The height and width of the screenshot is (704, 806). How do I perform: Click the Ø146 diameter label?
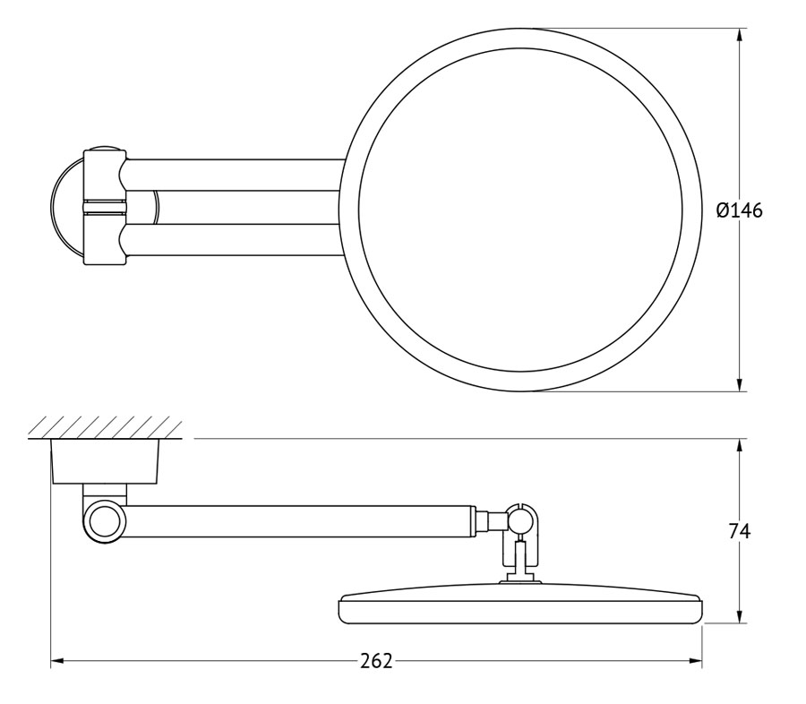740,210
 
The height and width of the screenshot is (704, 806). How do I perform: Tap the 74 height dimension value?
740,531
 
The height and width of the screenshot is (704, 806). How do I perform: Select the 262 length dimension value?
376,661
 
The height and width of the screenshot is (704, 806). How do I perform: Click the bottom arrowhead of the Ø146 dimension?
739,383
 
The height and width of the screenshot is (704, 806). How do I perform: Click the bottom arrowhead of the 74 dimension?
739,615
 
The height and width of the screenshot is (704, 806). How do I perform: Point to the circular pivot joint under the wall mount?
105,521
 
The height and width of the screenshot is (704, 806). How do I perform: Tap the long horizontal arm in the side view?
298,522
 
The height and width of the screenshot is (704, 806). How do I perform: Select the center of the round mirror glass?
520,210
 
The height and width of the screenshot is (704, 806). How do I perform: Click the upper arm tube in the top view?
234,176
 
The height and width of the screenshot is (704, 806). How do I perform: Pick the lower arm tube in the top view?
234,241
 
